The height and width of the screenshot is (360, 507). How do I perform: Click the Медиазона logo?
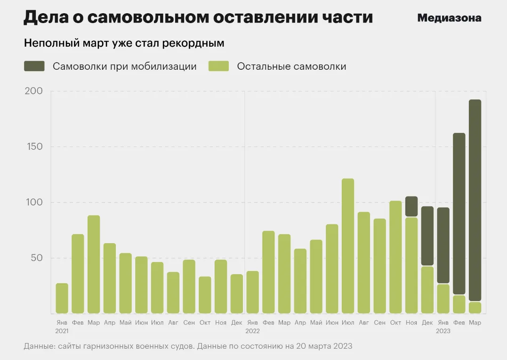[449, 18]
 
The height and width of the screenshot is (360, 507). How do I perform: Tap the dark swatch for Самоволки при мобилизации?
[34, 66]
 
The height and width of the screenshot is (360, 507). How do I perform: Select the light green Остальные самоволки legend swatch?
[218, 66]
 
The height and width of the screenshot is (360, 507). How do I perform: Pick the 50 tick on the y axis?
[34, 258]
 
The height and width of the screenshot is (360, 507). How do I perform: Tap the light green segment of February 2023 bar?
[459, 304]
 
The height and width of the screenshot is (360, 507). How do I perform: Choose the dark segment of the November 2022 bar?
[411, 206]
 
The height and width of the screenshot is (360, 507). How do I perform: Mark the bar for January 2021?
[62, 298]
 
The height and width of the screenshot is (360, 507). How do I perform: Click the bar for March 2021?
[94, 264]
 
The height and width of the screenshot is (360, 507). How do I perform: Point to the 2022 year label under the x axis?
[252, 331]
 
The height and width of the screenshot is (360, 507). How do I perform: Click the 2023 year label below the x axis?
[443, 331]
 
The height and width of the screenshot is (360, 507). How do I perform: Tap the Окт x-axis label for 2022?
[395, 323]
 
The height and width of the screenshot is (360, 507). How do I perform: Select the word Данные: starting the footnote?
[38, 346]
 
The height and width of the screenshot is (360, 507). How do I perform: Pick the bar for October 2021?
[205, 295]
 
